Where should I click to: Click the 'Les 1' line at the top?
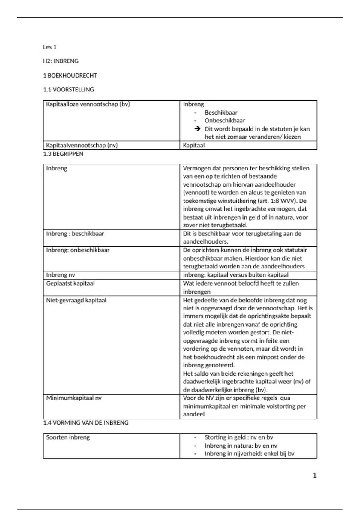(49, 47)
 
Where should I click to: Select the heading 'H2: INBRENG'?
(61, 61)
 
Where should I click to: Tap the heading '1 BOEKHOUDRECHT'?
(70, 76)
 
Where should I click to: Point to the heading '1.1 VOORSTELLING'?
(68, 90)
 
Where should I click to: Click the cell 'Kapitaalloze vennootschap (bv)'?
(88, 104)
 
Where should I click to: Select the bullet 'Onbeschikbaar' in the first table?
(225, 121)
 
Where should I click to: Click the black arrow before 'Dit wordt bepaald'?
(197, 129)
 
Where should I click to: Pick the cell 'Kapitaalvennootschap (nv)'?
(82, 145)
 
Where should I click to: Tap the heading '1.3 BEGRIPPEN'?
(63, 154)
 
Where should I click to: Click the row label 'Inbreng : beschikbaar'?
(75, 234)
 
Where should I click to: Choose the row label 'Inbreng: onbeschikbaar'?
(78, 250)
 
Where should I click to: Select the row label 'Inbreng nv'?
(61, 275)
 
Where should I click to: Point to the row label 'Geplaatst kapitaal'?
(70, 283)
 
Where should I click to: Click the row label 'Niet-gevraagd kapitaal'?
(76, 300)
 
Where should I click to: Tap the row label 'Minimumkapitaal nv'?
(74, 398)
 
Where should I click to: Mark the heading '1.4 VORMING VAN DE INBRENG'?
(86, 423)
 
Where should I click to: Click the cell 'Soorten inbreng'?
(68, 437)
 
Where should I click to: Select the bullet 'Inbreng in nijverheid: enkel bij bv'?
(249, 454)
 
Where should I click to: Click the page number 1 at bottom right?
(314, 475)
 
